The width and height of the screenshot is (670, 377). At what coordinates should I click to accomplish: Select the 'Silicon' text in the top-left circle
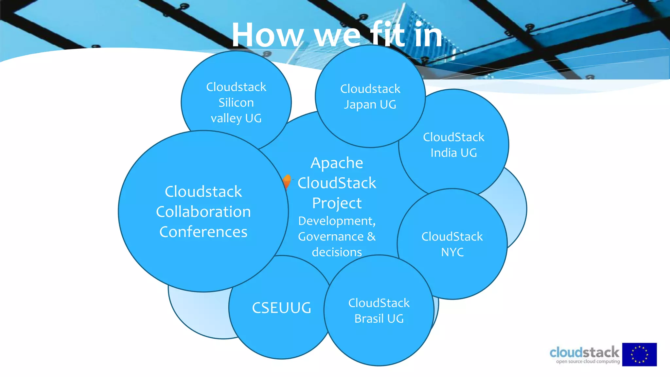(236, 103)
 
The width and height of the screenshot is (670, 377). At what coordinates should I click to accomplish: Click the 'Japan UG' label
(370, 105)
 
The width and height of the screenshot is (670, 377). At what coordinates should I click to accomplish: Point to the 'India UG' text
(453, 153)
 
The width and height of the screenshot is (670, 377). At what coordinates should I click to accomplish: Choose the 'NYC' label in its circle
(452, 252)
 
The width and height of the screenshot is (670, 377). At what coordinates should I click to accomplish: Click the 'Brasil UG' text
(379, 318)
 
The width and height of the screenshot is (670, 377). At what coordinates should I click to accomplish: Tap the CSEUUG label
(281, 308)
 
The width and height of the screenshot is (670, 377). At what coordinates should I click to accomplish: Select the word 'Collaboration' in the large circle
(203, 212)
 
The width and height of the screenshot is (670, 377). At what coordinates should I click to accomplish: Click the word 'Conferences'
(203, 232)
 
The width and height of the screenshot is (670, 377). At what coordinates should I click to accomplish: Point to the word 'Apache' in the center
(337, 163)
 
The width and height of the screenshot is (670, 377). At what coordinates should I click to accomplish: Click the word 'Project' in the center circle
(337, 203)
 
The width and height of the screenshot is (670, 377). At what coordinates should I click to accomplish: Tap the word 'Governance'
(331, 237)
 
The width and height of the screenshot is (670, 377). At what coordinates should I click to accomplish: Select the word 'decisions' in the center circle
(337, 252)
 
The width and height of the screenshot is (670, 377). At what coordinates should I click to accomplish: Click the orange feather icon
(287, 181)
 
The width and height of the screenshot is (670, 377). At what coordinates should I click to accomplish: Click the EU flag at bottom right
(639, 354)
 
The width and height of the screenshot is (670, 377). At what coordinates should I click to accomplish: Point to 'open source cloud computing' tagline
(588, 362)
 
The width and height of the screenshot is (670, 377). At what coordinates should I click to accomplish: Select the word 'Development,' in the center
(337, 221)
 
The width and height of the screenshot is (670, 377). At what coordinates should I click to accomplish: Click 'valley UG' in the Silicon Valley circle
(236, 118)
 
